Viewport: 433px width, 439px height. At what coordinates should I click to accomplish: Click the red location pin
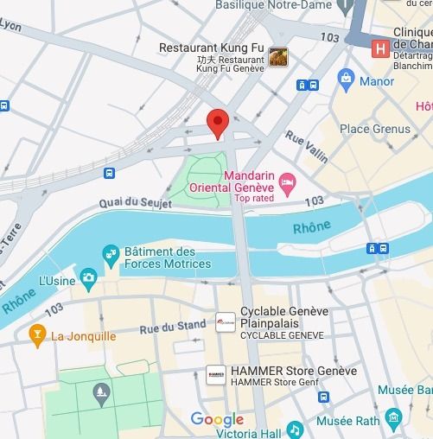pyautogui.click(x=217, y=124)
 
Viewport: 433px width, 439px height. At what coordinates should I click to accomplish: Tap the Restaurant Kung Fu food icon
pyautogui.click(x=278, y=56)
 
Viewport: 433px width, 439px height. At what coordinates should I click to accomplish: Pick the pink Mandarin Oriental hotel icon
pyautogui.click(x=288, y=183)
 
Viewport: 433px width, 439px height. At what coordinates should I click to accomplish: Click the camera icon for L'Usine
pyautogui.click(x=88, y=277)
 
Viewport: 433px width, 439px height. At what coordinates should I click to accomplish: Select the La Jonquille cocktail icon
pyautogui.click(x=37, y=333)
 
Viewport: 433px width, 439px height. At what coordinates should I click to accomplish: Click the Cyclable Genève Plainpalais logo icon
pyautogui.click(x=225, y=323)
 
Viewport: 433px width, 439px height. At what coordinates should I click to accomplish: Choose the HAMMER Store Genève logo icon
pyautogui.click(x=216, y=375)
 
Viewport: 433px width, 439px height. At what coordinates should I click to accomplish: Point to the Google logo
pyautogui.click(x=217, y=420)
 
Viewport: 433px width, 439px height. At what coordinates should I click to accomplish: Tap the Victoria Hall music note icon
pyautogui.click(x=295, y=429)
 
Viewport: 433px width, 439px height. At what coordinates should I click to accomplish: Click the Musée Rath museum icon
pyautogui.click(x=393, y=421)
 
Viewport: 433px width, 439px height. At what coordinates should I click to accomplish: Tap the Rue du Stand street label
pyautogui.click(x=173, y=327)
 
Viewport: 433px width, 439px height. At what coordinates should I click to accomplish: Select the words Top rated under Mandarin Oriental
pyautogui.click(x=255, y=198)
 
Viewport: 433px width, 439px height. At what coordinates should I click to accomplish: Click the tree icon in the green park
pyautogui.click(x=102, y=396)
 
